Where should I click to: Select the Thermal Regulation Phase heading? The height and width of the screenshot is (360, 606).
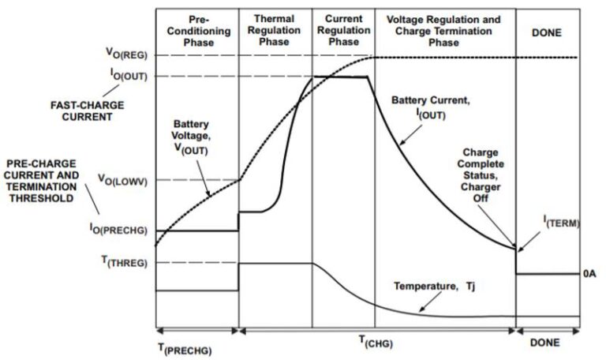275,29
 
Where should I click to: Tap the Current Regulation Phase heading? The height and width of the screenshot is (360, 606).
342,29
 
